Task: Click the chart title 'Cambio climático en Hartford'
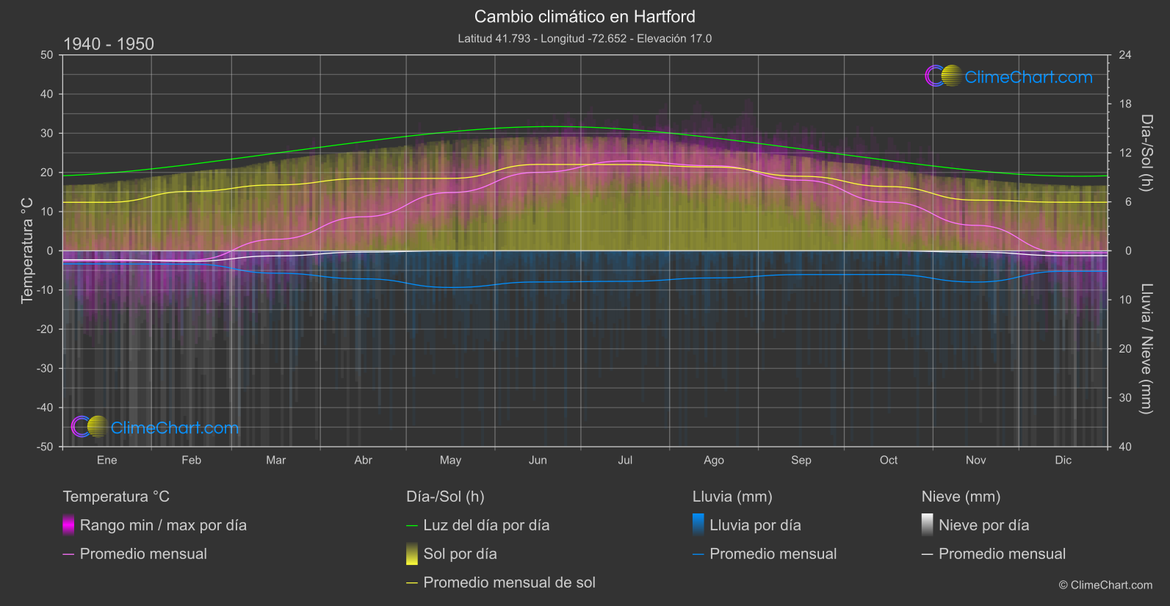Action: click(x=585, y=16)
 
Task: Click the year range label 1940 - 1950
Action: click(x=109, y=44)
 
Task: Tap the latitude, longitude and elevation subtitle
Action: click(x=585, y=38)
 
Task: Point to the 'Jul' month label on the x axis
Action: click(x=625, y=460)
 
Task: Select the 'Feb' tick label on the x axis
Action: click(x=191, y=460)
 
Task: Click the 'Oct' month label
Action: click(x=889, y=460)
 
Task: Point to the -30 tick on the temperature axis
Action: click(x=46, y=368)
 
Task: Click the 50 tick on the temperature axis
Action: click(x=47, y=55)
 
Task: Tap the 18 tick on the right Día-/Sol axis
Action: click(x=1125, y=104)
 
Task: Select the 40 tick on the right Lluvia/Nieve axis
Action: click(x=1125, y=447)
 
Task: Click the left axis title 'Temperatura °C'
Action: click(x=27, y=250)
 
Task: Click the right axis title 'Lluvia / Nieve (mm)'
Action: click(x=1146, y=348)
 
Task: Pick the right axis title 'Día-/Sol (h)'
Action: click(x=1146, y=152)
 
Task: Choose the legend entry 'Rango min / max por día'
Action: click(x=163, y=525)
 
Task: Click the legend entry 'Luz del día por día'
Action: click(x=486, y=525)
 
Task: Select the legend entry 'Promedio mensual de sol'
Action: click(x=509, y=582)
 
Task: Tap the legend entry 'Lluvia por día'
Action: click(x=755, y=525)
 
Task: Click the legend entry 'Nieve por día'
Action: click(x=983, y=525)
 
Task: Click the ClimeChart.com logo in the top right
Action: click(x=1009, y=76)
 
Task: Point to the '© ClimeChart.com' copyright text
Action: click(x=1105, y=585)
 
